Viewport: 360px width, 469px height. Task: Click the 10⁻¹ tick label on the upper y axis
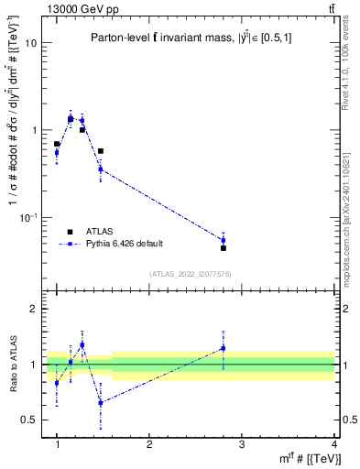pyautogui.click(x=27, y=217)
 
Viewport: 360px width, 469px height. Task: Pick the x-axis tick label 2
pyautogui.click(x=149, y=445)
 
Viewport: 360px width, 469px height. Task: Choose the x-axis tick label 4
pyautogui.click(x=334, y=445)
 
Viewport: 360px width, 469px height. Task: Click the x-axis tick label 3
pyautogui.click(x=242, y=445)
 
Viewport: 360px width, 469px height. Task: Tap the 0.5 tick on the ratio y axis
pyautogui.click(x=27, y=420)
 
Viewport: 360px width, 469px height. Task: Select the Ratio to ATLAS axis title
pyautogui.click(x=12, y=365)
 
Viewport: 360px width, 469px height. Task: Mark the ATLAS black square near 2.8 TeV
pyautogui.click(x=224, y=248)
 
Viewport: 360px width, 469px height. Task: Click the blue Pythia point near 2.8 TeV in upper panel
pyautogui.click(x=224, y=240)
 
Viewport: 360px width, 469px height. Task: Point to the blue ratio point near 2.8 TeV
pyautogui.click(x=224, y=348)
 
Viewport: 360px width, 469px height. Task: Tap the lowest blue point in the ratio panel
pyautogui.click(x=101, y=402)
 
